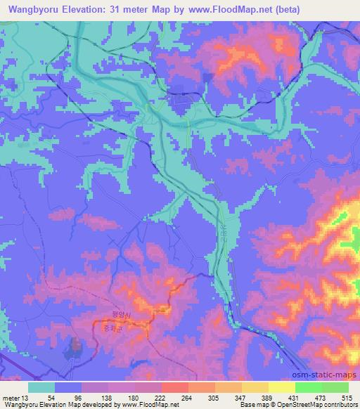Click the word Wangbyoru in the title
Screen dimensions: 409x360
31,10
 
